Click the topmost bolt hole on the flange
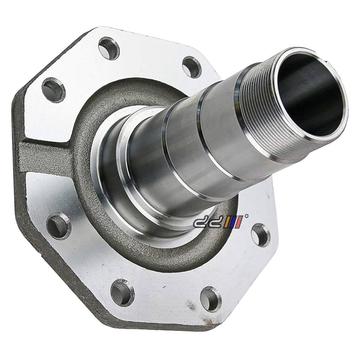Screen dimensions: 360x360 pyautogui.click(x=109, y=48)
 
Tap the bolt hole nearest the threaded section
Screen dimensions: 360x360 pyautogui.click(x=192, y=67)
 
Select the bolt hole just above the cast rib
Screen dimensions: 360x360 pyautogui.click(x=54, y=90)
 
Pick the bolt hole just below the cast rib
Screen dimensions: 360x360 pyautogui.click(x=59, y=226)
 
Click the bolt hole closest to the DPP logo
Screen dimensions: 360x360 pyautogui.click(x=261, y=235)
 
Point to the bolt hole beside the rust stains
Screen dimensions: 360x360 pyautogui.click(x=211, y=299)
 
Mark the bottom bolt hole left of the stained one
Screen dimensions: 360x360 pyautogui.click(x=122, y=293)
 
